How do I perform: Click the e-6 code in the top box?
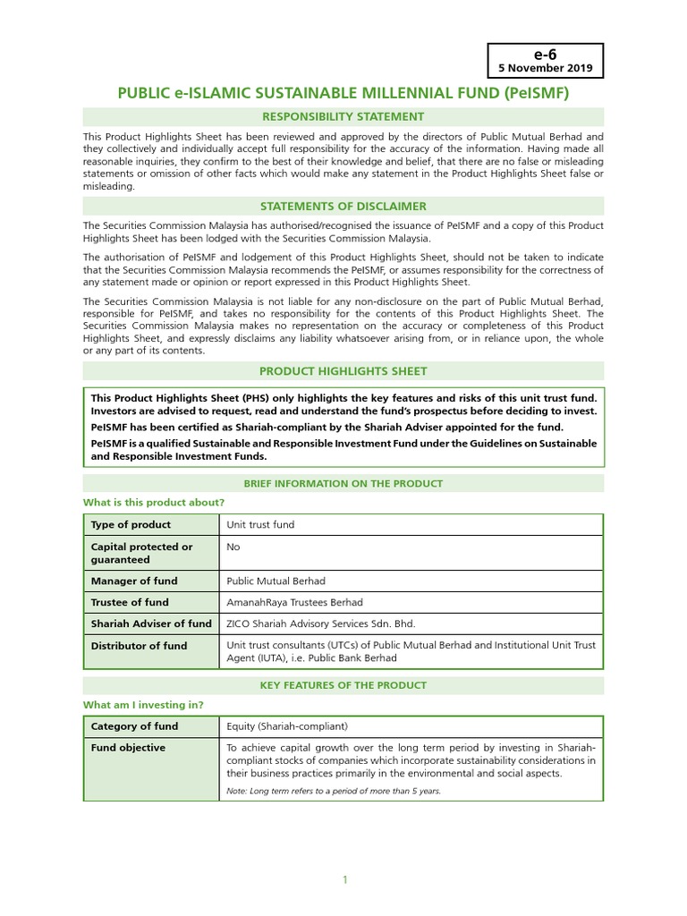(x=546, y=54)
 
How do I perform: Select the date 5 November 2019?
(x=546, y=68)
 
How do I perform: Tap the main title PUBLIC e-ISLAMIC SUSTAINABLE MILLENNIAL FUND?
(x=343, y=92)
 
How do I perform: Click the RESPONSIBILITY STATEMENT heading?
(x=343, y=116)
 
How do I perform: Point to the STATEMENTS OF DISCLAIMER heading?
(x=343, y=207)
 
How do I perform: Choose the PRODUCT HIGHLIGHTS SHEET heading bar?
(x=343, y=370)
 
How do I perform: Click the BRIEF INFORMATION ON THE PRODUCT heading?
(x=343, y=484)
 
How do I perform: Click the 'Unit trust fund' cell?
(x=260, y=524)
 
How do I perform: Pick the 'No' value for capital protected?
(x=233, y=547)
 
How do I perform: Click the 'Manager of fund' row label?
(x=134, y=581)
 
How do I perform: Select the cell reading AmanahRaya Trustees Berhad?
(x=295, y=602)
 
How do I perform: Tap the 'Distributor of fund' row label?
(x=139, y=645)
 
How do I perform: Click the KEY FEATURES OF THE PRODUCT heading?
(x=343, y=685)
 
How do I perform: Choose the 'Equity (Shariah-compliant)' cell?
(x=286, y=726)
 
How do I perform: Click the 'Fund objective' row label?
(x=128, y=748)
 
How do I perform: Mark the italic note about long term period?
(x=334, y=792)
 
